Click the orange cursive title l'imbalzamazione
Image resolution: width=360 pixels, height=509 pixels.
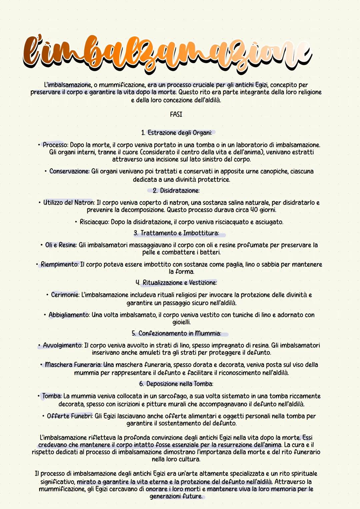tap(167, 53)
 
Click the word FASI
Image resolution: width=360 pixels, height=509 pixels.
tap(176, 114)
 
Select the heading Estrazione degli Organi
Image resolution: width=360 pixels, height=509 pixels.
tap(180, 133)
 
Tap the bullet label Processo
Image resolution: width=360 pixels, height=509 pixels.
tap(55, 145)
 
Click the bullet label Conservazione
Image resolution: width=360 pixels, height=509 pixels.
tap(69, 171)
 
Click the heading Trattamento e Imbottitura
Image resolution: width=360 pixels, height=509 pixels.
tap(179, 233)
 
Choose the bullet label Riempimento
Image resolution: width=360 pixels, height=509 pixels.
tap(60, 264)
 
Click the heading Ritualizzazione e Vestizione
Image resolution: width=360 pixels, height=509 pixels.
tap(180, 283)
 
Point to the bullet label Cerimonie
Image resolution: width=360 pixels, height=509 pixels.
tap(65, 295)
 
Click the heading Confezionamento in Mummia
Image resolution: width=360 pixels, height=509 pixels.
tap(179, 333)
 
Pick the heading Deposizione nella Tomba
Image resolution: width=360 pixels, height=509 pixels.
tap(180, 384)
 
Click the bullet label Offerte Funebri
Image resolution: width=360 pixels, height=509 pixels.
tap(70, 416)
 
